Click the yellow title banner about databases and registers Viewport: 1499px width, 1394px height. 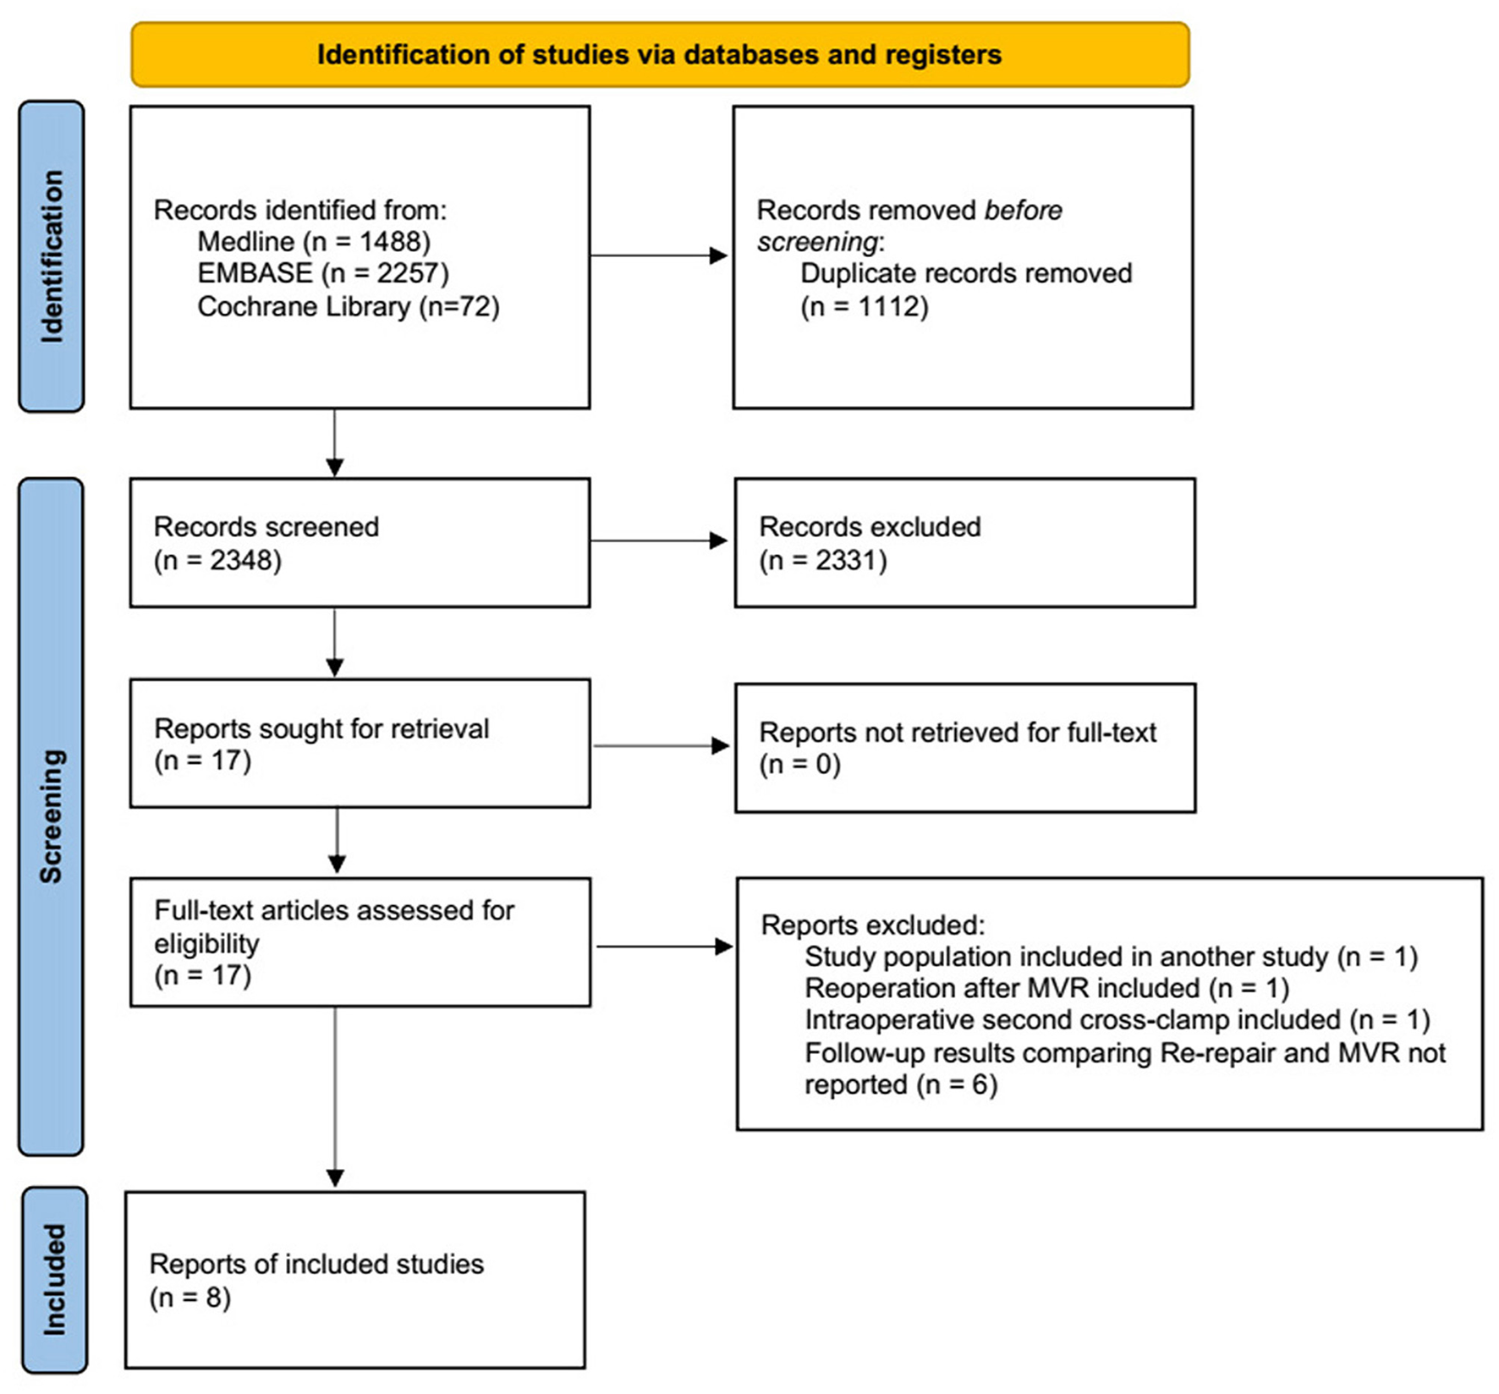(660, 55)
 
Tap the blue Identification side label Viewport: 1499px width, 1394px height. (52, 256)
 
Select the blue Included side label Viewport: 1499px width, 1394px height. (54, 1280)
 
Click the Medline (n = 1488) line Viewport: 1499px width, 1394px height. (314, 242)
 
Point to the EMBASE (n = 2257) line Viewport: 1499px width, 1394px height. (322, 273)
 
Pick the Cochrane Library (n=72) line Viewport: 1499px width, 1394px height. (348, 306)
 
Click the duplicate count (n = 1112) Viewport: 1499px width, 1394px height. (864, 306)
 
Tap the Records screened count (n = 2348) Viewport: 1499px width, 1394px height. (217, 560)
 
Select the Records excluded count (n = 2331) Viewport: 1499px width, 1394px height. (822, 560)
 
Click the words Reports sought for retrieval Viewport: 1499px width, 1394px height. (321, 728)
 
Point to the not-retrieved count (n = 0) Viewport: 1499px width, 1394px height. (799, 764)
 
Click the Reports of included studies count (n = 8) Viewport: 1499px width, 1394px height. (189, 1297)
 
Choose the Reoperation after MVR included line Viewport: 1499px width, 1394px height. (1046, 988)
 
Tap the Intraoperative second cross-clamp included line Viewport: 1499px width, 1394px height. (1117, 1020)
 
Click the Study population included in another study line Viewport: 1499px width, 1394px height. (1111, 957)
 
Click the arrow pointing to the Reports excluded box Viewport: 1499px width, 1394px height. (665, 947)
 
